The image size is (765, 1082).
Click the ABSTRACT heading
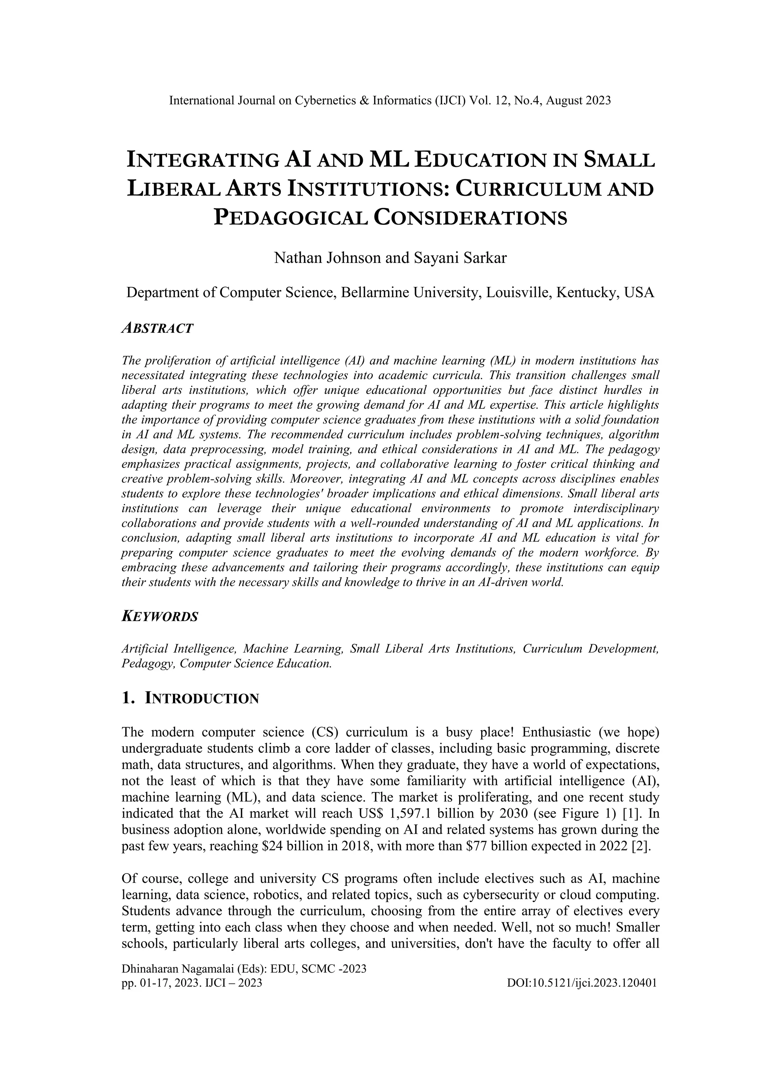point(157,328)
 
